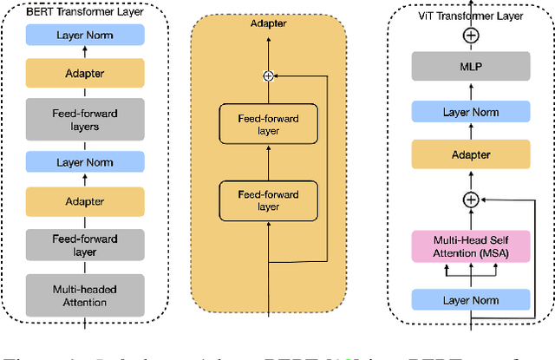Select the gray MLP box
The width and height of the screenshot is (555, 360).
point(470,65)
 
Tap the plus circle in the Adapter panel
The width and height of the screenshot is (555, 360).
point(268,75)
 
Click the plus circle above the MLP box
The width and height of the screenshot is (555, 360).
point(470,36)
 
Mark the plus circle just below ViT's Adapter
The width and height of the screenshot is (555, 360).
point(470,199)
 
